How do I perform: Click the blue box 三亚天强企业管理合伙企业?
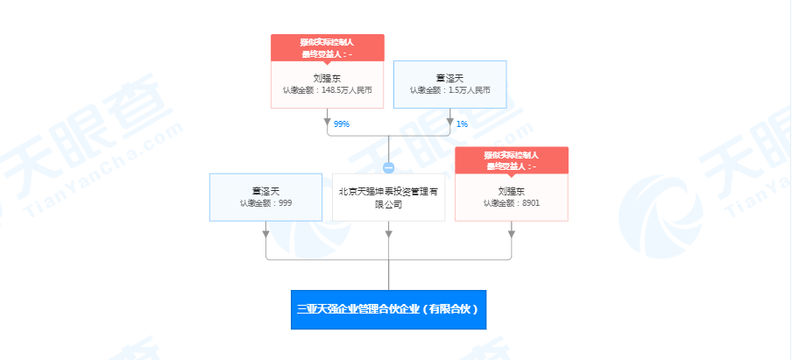coord(388,309)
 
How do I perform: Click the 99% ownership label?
coord(341,124)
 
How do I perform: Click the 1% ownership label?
coord(462,124)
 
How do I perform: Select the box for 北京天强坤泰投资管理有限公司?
coord(388,197)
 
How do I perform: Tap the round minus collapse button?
coord(389,166)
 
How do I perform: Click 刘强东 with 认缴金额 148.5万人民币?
coord(327,84)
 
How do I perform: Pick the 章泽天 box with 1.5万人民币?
coord(449,84)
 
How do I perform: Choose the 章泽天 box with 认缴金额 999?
coord(265,197)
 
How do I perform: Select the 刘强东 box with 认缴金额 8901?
coord(511,197)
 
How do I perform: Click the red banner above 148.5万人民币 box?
coord(327,47)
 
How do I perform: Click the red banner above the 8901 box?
coord(511,160)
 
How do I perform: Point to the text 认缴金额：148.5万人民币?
coord(327,90)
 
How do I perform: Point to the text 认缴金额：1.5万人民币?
coord(449,90)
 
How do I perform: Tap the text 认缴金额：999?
coord(265,203)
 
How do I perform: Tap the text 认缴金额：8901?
coord(511,203)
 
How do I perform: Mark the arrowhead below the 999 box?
coord(265,233)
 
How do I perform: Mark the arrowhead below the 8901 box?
coord(511,233)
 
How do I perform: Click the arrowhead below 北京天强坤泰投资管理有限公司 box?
coord(388,233)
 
